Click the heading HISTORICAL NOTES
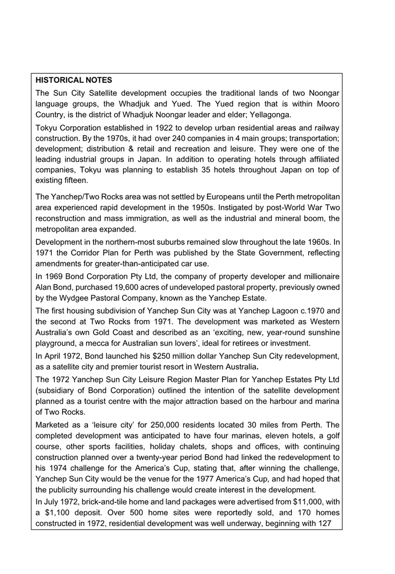[x=74, y=81]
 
